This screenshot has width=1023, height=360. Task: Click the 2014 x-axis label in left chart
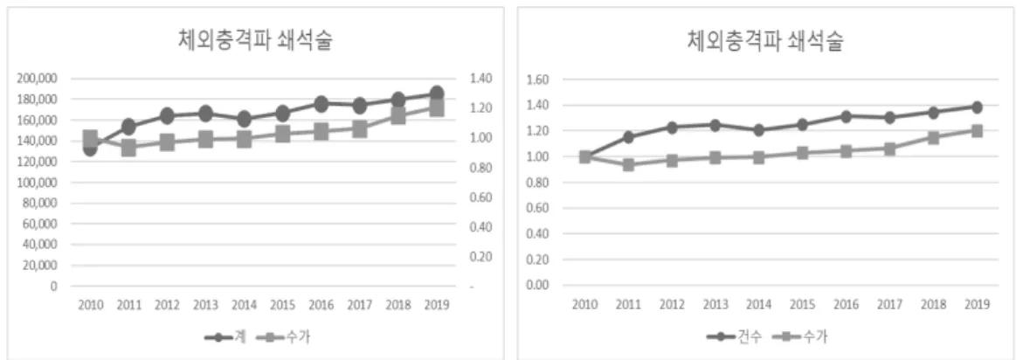click(245, 305)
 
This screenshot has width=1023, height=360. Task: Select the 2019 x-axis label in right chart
click(976, 305)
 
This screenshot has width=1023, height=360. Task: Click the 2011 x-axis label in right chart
click(628, 305)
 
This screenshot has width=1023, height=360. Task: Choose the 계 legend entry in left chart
click(225, 337)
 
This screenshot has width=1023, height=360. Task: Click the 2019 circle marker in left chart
click(437, 93)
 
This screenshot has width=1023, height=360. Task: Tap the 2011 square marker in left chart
click(128, 148)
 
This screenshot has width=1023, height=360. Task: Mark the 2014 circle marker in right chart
click(759, 130)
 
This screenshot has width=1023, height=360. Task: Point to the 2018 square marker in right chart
click(933, 137)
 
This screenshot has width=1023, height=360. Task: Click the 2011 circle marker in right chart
click(628, 137)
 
